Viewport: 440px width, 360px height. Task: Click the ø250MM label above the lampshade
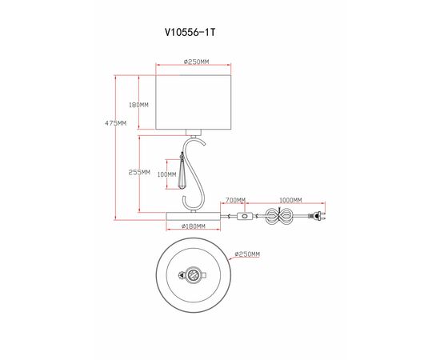[195, 62]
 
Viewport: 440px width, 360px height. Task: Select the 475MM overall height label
[116, 123]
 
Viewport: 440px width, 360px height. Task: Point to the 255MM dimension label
[139, 173]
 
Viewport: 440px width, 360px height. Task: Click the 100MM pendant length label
[166, 174]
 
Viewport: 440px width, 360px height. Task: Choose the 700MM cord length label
[235, 200]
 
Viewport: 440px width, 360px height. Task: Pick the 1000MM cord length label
[290, 200]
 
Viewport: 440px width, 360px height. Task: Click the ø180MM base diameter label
[194, 226]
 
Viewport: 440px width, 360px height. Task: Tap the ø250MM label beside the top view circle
[246, 254]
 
